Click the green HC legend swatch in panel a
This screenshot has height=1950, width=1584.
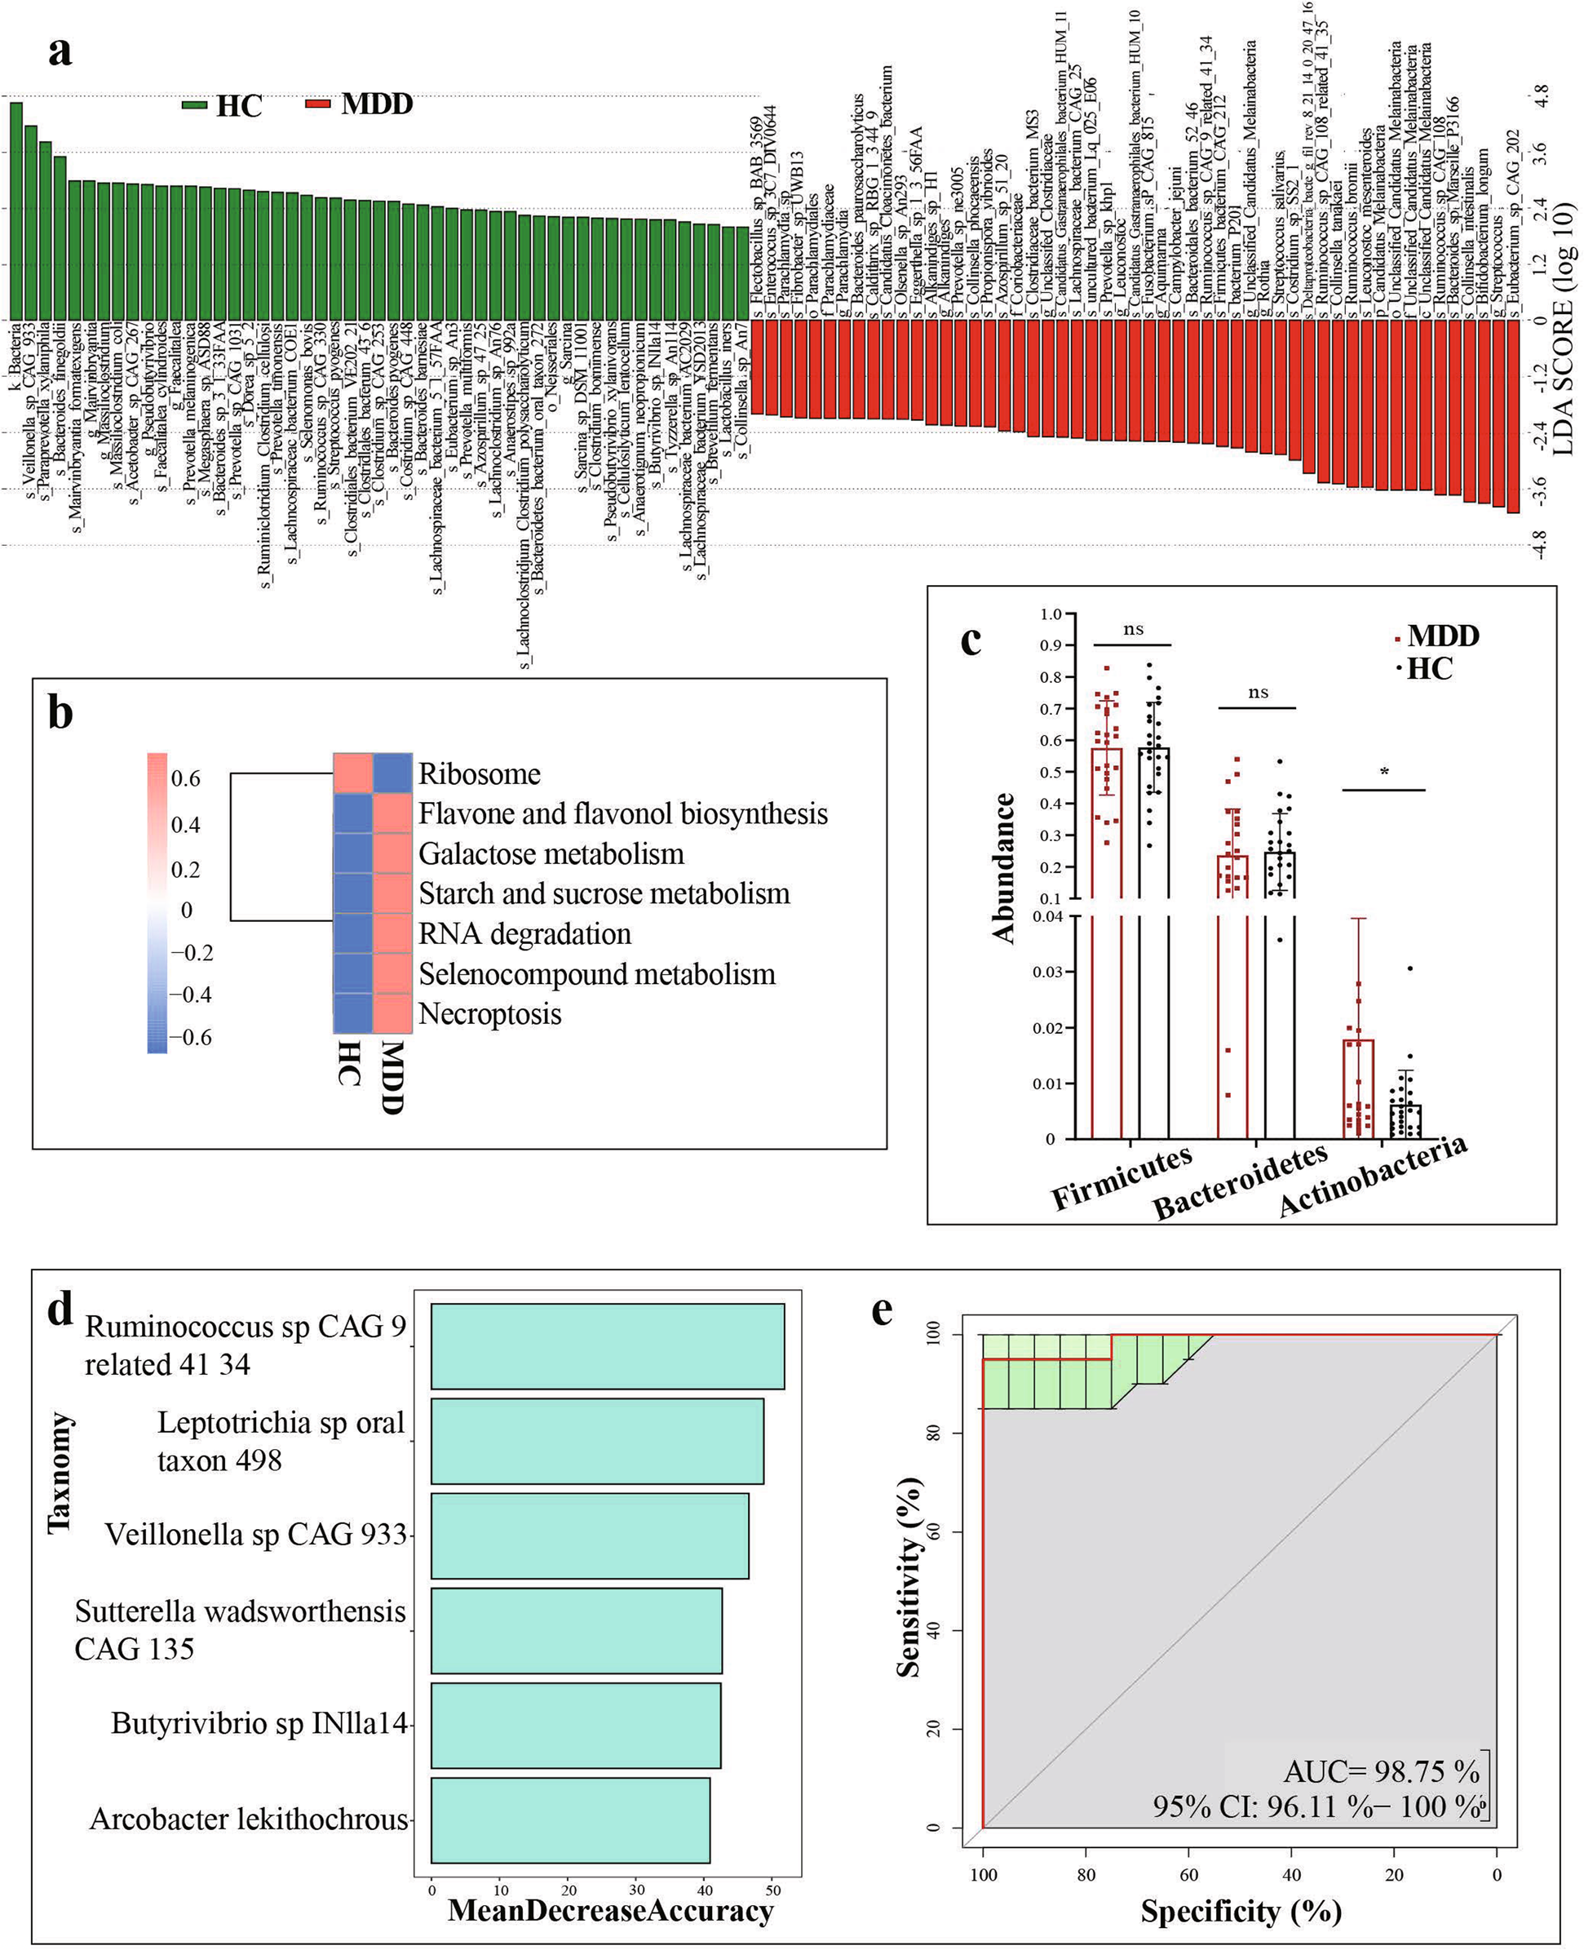[195, 105]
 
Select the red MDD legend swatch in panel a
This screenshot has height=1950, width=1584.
[317, 103]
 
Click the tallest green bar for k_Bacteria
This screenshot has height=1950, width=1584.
[15, 210]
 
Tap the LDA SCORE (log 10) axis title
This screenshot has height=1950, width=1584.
[1562, 329]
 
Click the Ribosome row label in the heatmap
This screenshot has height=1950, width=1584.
[479, 775]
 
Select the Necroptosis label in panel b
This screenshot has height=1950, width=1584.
[490, 1014]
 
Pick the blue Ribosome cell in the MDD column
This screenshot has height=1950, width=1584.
[392, 773]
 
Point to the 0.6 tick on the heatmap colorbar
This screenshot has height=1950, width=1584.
[186, 778]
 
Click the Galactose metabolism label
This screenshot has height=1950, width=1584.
[551, 854]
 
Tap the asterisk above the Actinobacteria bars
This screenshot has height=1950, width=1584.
[1384, 773]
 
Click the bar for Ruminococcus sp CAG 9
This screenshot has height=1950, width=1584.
[607, 1346]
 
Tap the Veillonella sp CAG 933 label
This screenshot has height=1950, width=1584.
[255, 1534]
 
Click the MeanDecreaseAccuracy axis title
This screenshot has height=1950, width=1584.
[610, 1910]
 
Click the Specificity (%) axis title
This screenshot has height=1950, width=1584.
[1240, 1910]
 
